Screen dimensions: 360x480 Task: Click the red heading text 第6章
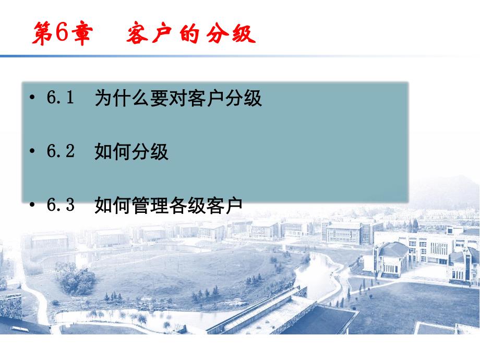click(x=62, y=34)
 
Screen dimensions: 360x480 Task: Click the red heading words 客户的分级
click(x=191, y=34)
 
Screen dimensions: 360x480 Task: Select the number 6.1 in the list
click(x=61, y=98)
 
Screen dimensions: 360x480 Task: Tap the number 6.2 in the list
click(x=61, y=151)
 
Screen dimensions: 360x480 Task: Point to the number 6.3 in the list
click(x=61, y=205)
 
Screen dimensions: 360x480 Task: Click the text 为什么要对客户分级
click(x=178, y=98)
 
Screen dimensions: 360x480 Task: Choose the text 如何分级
click(x=131, y=152)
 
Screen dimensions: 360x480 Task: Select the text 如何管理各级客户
click(x=169, y=206)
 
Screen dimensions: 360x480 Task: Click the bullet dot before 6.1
click(x=33, y=98)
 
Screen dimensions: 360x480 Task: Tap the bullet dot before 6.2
click(x=33, y=152)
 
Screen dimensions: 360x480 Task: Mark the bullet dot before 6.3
click(x=33, y=206)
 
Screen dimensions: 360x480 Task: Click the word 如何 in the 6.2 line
click(x=113, y=152)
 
